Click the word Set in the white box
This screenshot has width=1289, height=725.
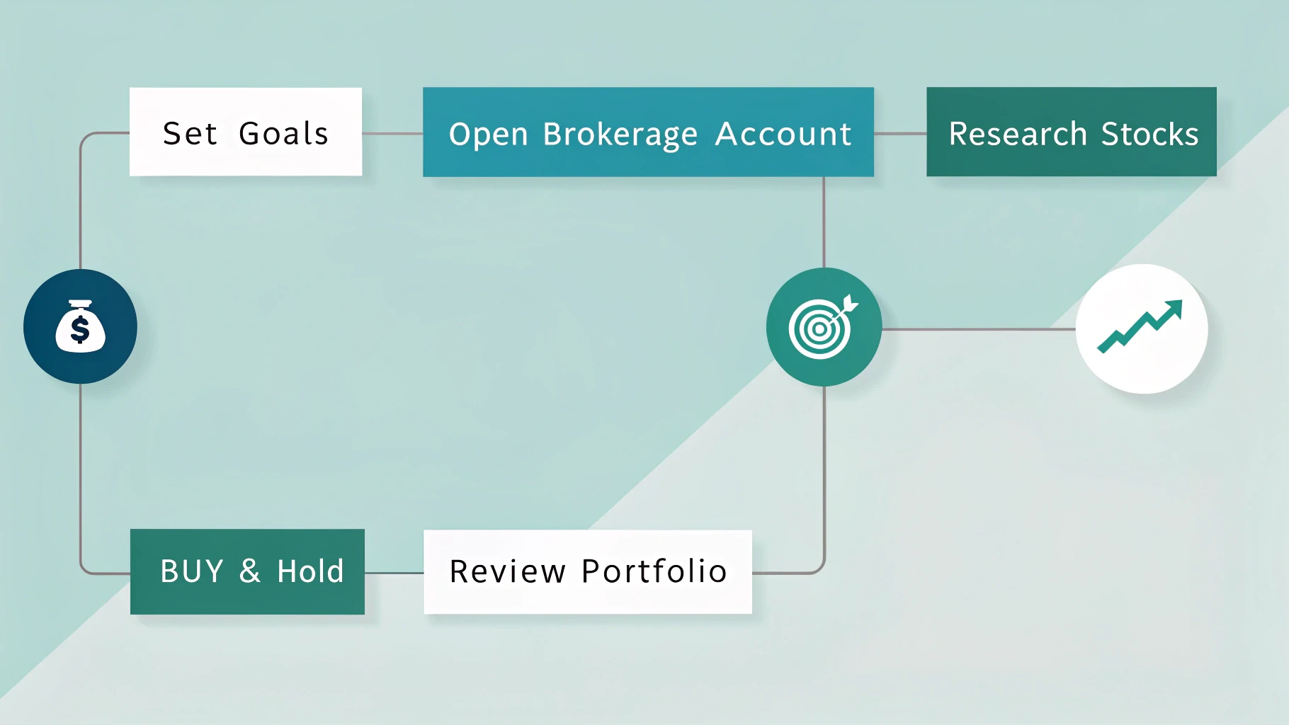coord(190,134)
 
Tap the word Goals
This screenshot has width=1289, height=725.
coord(283,134)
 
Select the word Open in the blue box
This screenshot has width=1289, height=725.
coord(489,135)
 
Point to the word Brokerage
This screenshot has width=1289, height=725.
coord(620,135)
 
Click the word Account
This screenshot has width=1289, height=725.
coord(783,134)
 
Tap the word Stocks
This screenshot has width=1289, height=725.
coord(1149,134)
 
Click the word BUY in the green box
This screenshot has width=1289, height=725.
coord(192,571)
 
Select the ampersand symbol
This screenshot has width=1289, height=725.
coord(249,571)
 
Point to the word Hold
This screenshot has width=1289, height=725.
coord(310,571)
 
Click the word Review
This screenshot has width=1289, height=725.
coord(508,571)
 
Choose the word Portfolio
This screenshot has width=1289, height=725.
coord(654,571)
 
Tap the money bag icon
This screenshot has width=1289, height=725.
coord(80,326)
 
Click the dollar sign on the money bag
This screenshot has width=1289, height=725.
coord(80,330)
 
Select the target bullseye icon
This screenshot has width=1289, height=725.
coord(822,328)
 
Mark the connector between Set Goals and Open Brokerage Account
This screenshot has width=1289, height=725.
coord(392,133)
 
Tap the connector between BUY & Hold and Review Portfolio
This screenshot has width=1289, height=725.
coord(394,573)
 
